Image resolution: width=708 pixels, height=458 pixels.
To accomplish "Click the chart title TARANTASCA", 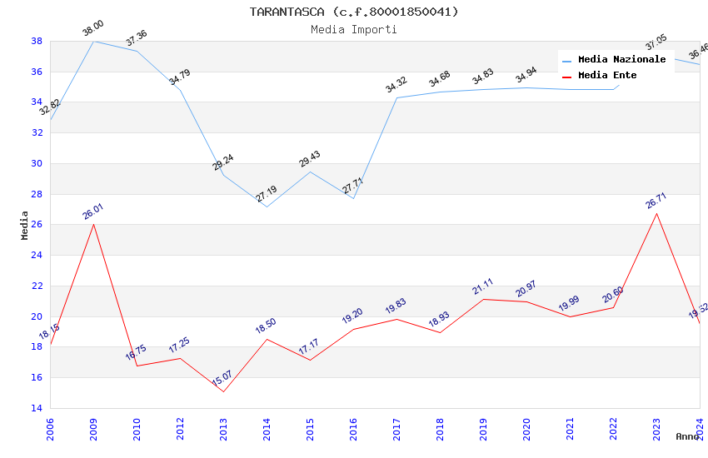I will point(354,12).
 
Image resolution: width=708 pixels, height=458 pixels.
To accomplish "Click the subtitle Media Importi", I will point(354,30).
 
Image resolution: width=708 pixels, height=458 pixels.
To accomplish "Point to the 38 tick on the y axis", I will point(37,41).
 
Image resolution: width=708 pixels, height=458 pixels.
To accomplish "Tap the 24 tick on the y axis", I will point(37,256).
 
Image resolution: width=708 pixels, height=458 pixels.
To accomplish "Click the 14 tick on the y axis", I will point(37,409).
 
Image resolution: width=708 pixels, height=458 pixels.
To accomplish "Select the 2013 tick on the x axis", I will point(223,429).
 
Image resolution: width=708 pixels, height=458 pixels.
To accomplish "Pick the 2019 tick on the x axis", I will point(483,429).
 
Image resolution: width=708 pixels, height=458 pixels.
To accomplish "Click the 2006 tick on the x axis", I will point(50,429).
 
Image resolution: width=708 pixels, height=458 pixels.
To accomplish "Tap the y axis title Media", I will point(25,225).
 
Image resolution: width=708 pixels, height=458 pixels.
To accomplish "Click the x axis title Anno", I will point(687,436).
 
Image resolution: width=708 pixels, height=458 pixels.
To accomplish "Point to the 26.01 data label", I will point(92,212).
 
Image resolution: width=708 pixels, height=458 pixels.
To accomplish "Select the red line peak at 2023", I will point(656,214).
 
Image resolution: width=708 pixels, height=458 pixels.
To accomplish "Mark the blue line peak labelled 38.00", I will point(93,41).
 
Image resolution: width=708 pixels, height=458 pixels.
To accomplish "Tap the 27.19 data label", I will point(267,194).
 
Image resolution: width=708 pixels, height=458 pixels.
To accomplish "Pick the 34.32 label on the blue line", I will point(396,85).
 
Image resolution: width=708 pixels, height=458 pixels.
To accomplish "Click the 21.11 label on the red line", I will point(483,286).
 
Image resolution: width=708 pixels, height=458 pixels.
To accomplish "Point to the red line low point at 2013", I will point(223,391).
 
